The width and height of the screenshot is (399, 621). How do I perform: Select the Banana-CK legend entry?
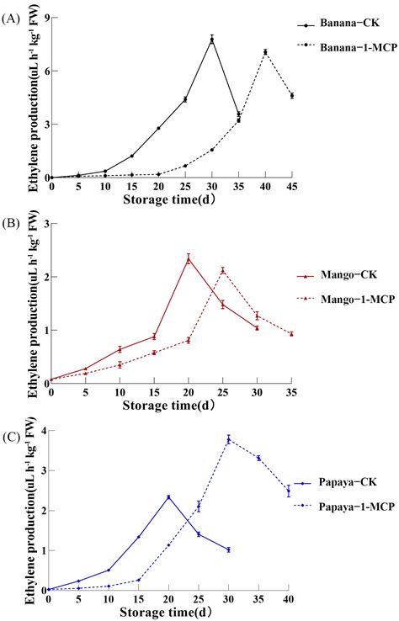point(349,26)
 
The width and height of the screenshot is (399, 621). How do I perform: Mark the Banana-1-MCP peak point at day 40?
point(265,52)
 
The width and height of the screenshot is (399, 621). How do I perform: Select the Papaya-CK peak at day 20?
point(168,497)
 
